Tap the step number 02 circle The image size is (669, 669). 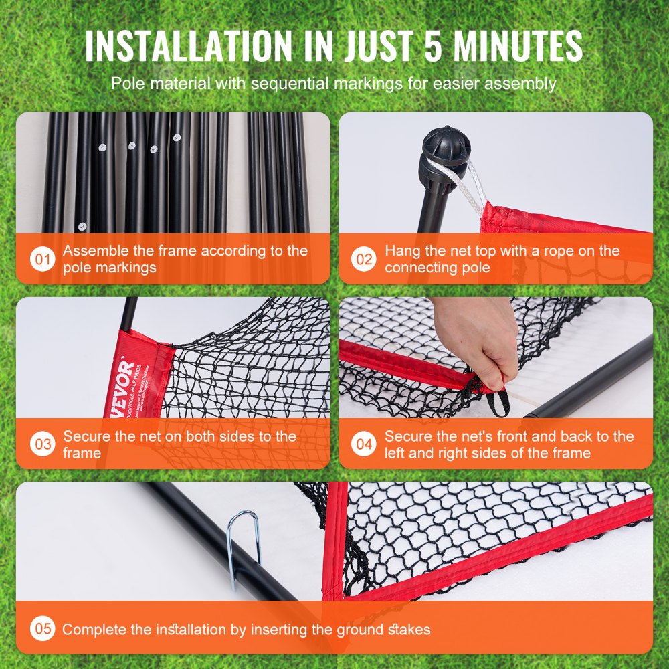363,259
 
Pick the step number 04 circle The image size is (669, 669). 363,444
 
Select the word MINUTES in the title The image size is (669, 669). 522,45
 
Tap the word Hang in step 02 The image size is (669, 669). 400,251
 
